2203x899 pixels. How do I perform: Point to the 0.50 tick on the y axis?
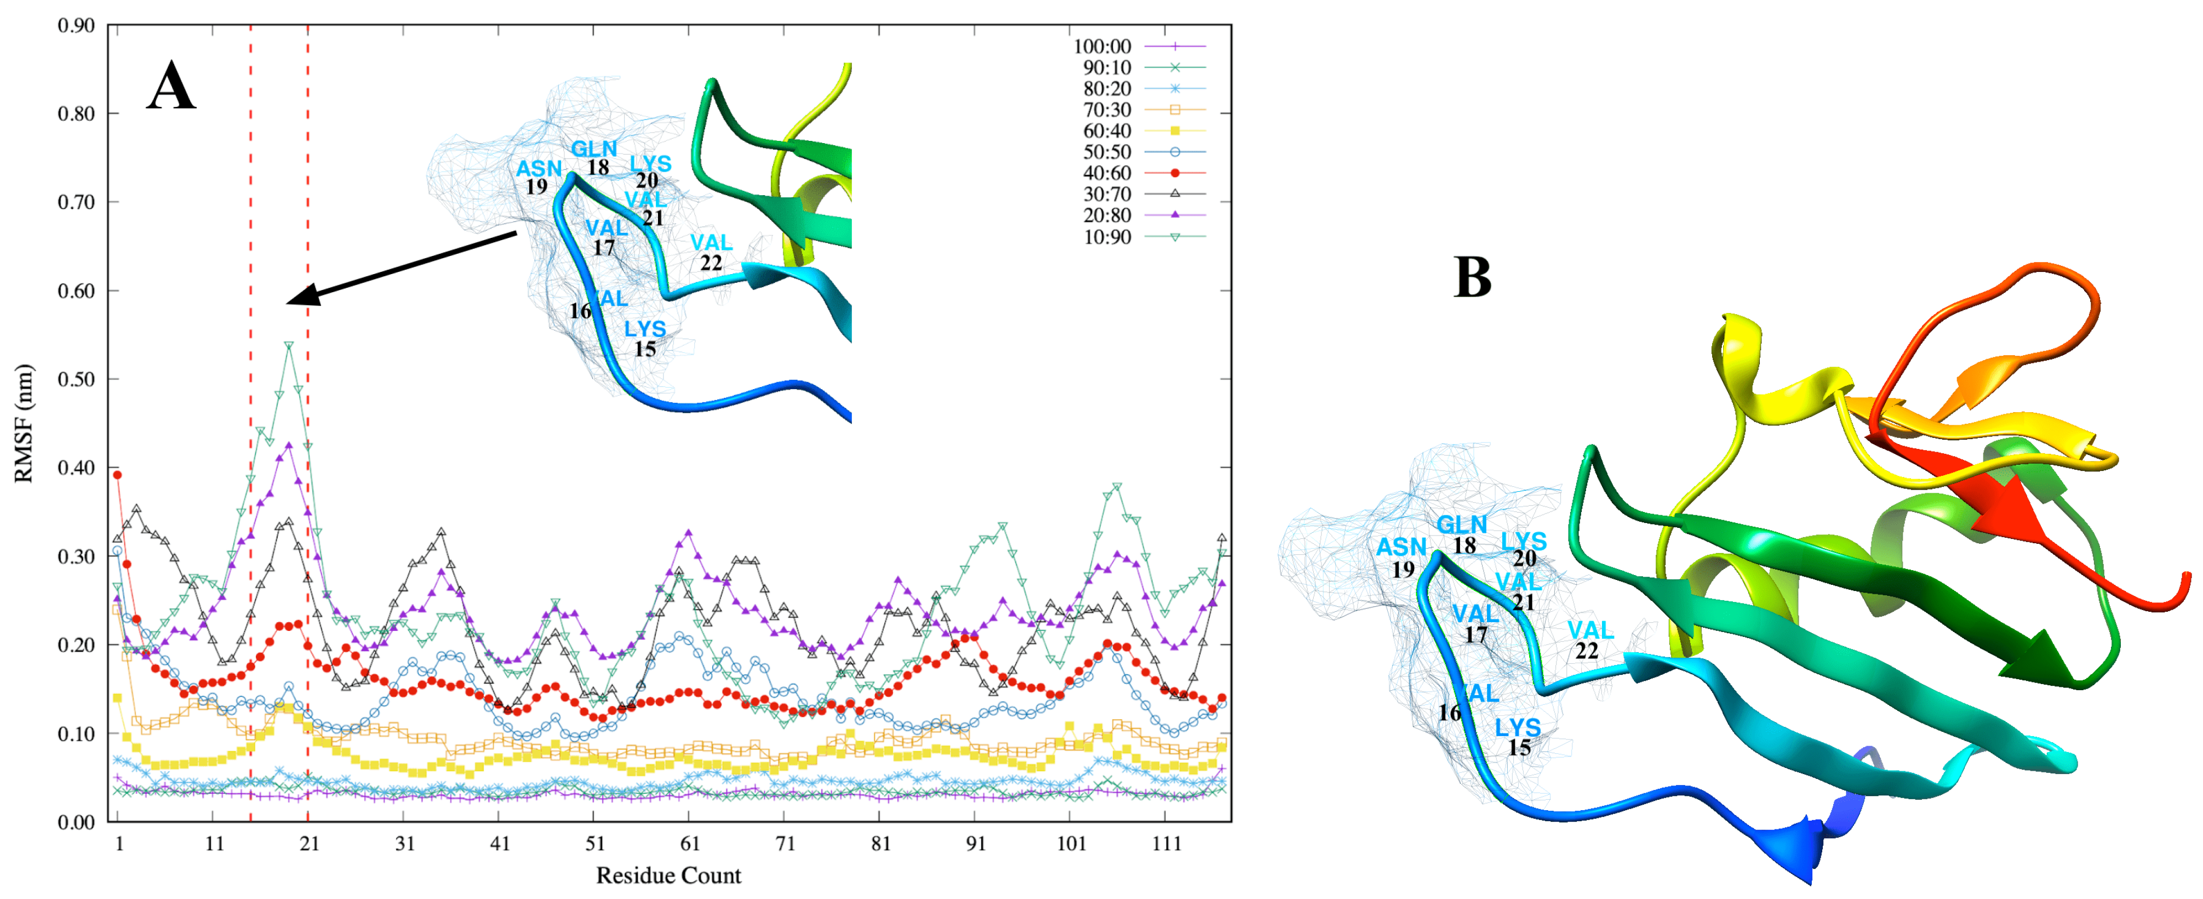(76, 379)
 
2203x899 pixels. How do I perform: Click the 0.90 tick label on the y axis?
(76, 26)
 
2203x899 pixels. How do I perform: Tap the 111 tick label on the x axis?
(1166, 844)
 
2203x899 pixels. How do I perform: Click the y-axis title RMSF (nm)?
(24, 423)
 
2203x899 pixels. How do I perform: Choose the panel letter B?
(1472, 278)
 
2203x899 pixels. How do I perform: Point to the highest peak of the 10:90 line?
(289, 345)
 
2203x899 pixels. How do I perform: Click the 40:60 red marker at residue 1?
(118, 475)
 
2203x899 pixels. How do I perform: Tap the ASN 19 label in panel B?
(1401, 557)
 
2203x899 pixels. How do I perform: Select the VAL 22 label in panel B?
(1589, 640)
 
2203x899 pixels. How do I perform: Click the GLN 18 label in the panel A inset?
(594, 157)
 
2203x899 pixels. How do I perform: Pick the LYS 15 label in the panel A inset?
(645, 339)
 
